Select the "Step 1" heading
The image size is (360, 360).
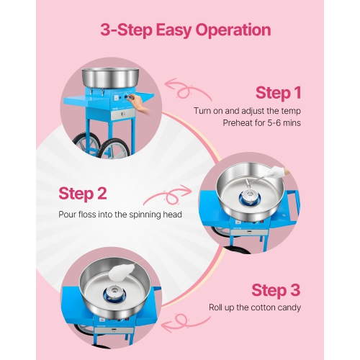pos(278,92)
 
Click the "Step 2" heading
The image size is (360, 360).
pos(82,193)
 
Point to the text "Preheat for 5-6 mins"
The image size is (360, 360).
pos(261,123)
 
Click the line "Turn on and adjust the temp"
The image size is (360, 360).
pos(247,110)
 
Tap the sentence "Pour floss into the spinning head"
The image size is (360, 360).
pos(120,214)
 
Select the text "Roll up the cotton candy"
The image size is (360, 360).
pos(254,307)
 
